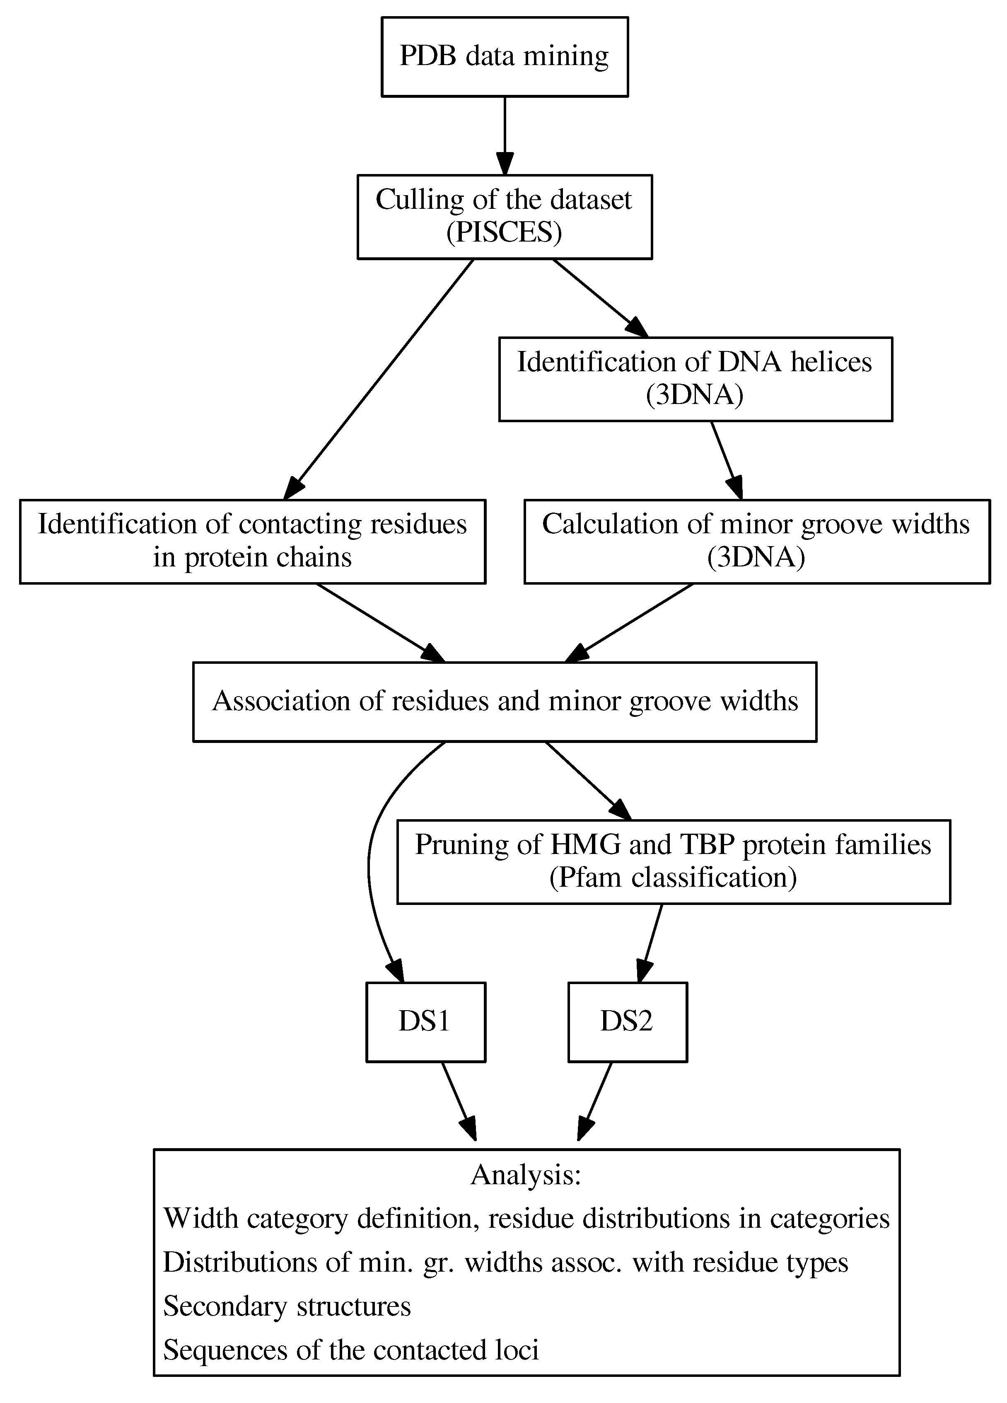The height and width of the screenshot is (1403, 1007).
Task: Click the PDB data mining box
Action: coord(504,56)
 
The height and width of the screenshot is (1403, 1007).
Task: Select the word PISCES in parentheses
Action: coord(504,232)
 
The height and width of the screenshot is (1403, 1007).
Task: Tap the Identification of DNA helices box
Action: coord(695,379)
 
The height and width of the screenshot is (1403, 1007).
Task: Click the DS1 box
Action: coord(425,1021)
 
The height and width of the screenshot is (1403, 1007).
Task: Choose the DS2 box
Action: coord(627,1021)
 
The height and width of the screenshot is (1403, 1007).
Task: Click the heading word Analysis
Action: coord(525,1175)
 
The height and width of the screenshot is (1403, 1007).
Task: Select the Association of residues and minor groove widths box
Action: coord(505,701)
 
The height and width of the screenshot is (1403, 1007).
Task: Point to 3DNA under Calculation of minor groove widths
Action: coord(756,557)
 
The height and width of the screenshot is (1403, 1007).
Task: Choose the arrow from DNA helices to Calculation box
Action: coord(726,460)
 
